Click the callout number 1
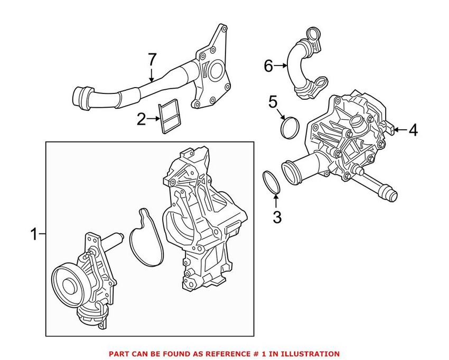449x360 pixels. [x=34, y=234]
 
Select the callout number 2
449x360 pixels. [x=141, y=120]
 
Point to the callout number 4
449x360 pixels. [x=413, y=129]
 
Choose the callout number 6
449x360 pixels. [x=268, y=66]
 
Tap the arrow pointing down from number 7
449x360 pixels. [x=152, y=75]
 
